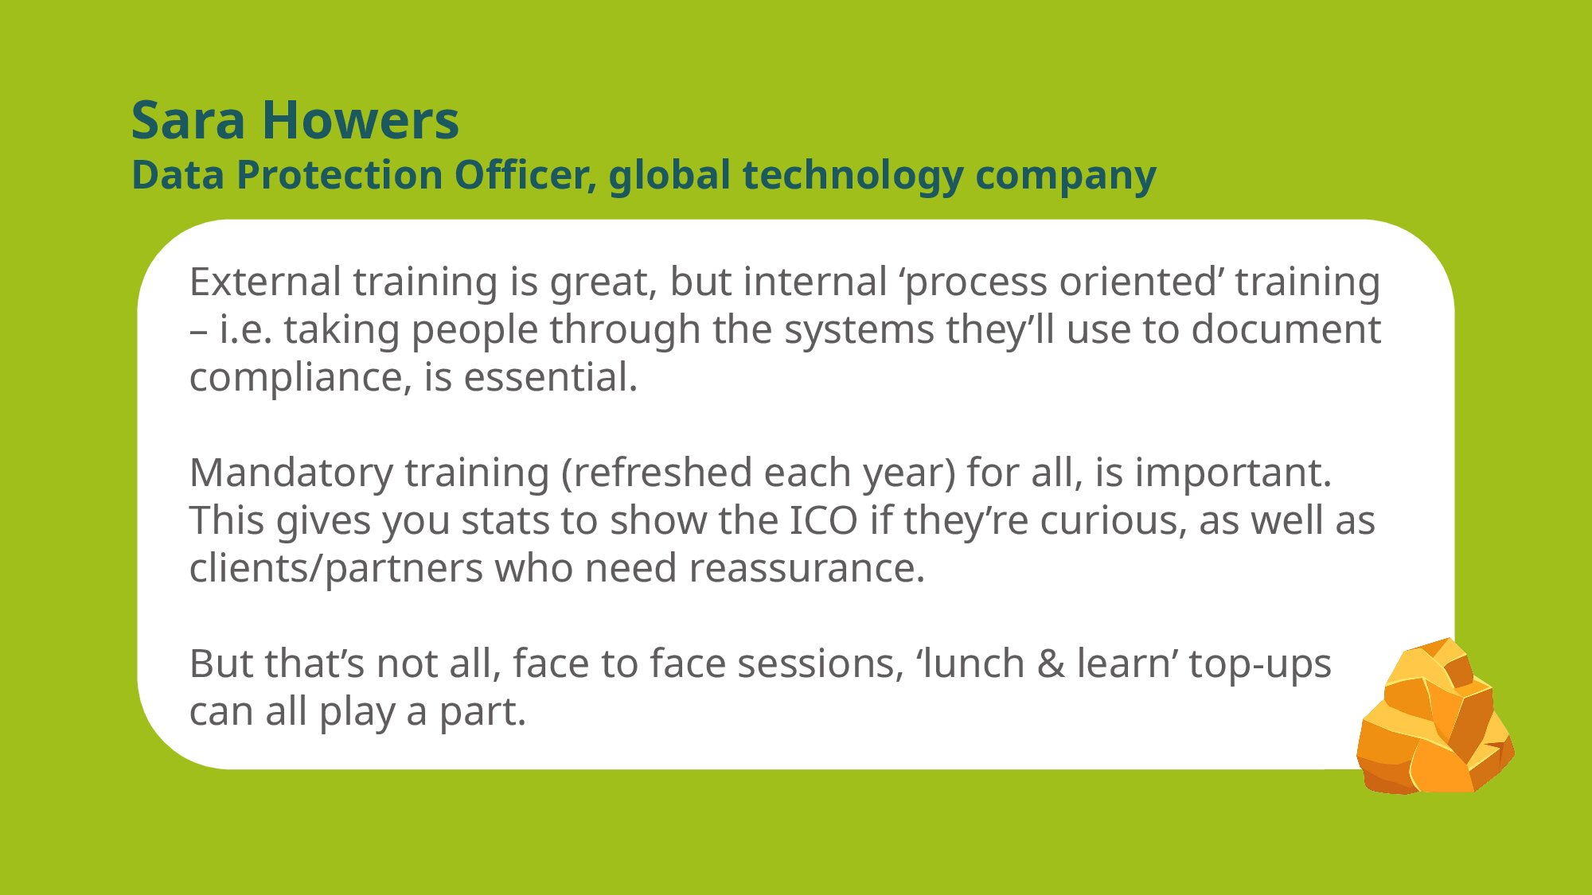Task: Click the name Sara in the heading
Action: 189,121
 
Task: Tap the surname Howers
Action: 361,121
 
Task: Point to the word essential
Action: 551,377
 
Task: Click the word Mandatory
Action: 291,473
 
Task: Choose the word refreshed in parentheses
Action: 663,473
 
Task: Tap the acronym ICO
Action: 824,521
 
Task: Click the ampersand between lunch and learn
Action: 1051,664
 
